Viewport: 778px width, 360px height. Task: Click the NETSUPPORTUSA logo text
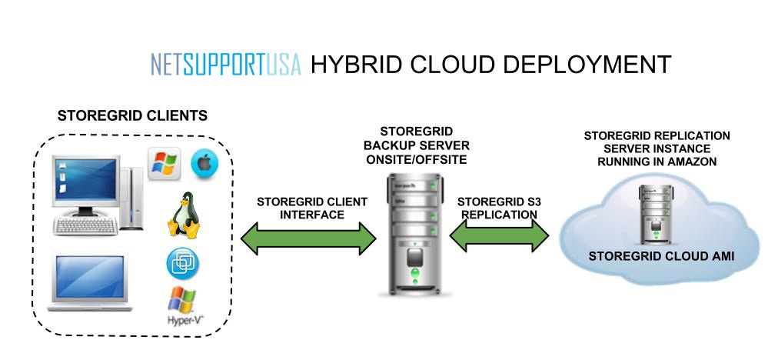click(226, 65)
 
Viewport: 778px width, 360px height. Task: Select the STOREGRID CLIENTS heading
click(132, 117)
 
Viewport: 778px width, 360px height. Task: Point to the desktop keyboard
click(85, 225)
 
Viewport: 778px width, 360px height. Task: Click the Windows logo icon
click(164, 162)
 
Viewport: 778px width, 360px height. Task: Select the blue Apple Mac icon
click(204, 162)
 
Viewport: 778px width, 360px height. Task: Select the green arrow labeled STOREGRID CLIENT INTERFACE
click(308, 239)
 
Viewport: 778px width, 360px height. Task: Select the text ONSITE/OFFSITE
click(426, 159)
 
